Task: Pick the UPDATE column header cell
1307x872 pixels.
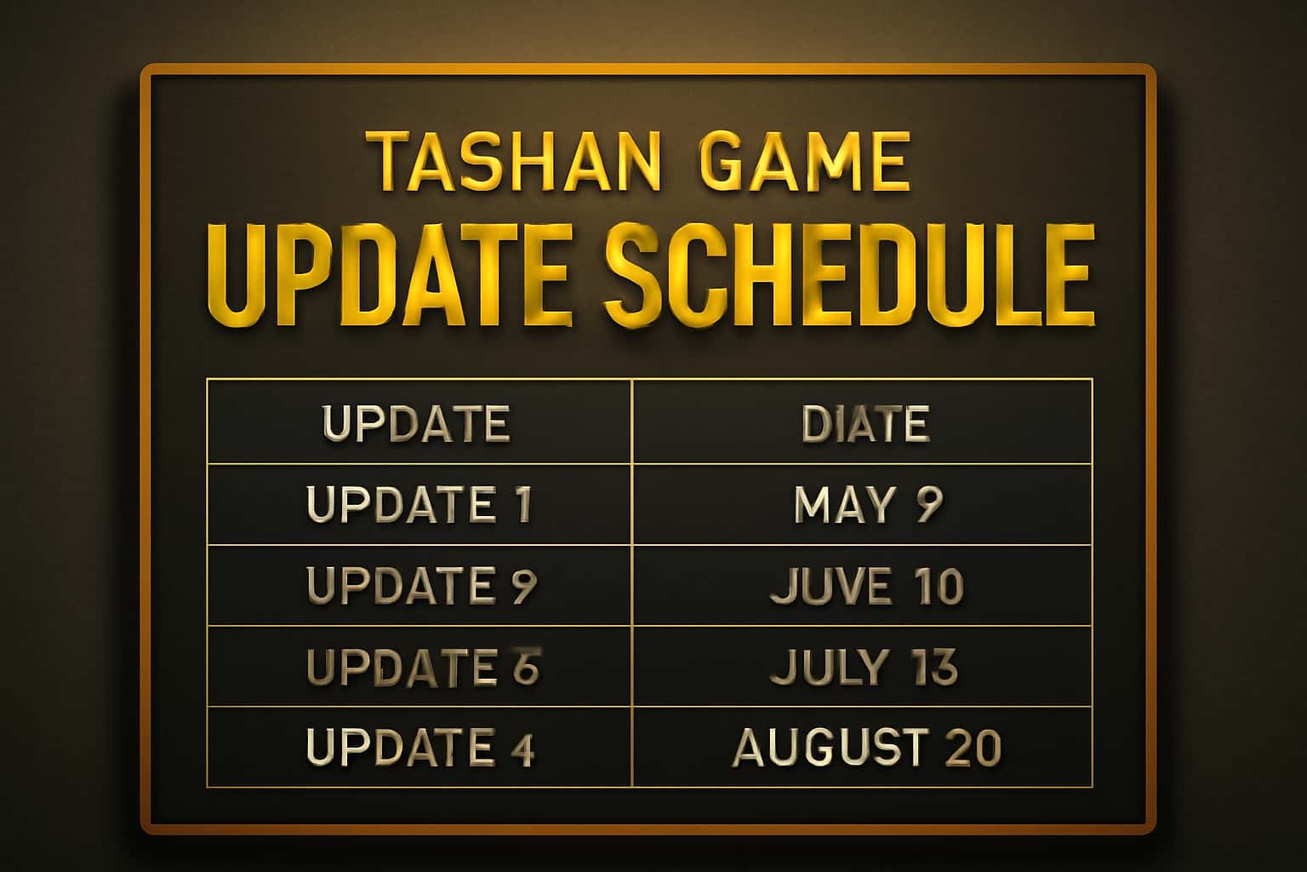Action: point(417,422)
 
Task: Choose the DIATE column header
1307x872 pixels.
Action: point(865,422)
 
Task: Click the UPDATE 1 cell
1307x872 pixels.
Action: point(419,504)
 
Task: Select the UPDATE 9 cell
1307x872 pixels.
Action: point(420,585)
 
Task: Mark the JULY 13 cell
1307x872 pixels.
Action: point(864,666)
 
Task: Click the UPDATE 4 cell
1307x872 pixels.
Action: point(419,747)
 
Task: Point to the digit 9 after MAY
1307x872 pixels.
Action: point(929,504)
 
